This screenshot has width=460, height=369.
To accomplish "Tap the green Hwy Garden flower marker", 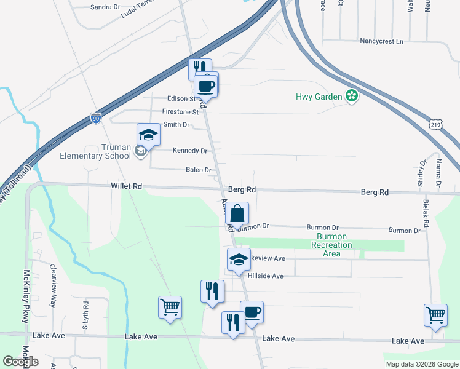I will click(352, 96).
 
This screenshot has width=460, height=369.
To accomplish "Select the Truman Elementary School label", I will click(95, 151).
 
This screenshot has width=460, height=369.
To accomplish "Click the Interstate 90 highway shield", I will click(95, 118).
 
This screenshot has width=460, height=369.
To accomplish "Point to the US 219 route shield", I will click(435, 124).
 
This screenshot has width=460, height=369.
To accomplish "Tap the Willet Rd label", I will click(127, 186).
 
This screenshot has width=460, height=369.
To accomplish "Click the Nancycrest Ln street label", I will click(381, 41).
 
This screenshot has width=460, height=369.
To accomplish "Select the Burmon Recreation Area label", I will click(331, 245).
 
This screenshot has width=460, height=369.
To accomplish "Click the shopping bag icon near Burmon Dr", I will click(237, 214).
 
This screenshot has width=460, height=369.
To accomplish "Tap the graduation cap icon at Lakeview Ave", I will click(239, 260).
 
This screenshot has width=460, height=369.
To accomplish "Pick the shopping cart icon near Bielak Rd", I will click(436, 315).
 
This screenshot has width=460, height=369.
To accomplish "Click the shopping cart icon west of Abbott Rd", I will click(170, 307).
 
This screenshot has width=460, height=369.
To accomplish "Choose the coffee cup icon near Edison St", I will click(206, 85).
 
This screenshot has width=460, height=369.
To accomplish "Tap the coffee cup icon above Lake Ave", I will click(252, 312).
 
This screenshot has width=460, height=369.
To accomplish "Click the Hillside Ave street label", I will click(265, 276).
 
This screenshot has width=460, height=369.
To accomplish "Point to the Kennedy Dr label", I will click(189, 151).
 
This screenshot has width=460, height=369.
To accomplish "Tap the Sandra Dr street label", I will click(105, 7).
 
